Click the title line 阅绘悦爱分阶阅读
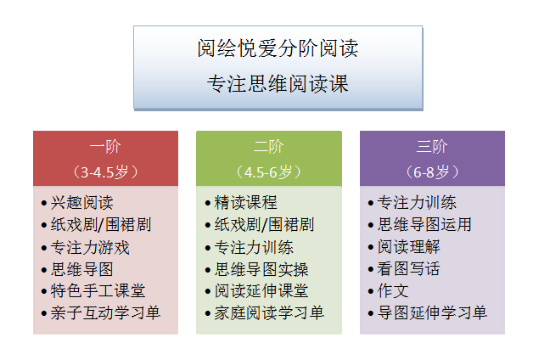tap(278, 48)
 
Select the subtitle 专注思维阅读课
tap(278, 84)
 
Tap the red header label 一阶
tap(105, 146)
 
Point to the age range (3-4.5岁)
tap(105, 172)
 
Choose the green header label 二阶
tap(268, 146)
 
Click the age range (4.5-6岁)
tap(268, 172)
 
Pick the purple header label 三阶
tap(432, 146)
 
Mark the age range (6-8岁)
tap(432, 172)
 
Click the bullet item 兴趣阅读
tap(81, 203)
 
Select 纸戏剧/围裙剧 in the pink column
tap(97, 225)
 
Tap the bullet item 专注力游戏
tap(89, 248)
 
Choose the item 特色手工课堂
tap(98, 291)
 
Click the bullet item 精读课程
tap(245, 203)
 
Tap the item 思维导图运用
tap(424, 225)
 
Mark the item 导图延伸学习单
tap(432, 313)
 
